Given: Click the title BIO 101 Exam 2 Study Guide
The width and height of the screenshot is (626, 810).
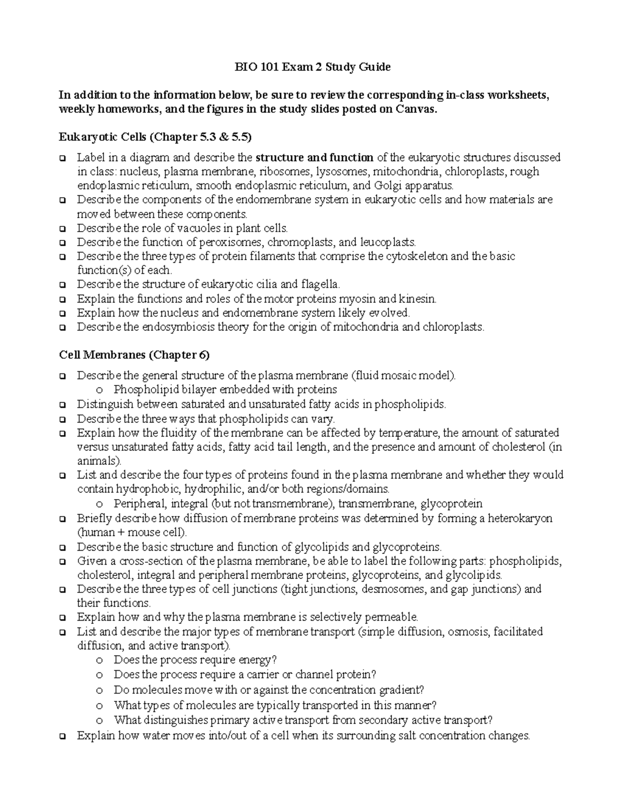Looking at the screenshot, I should coord(312,67).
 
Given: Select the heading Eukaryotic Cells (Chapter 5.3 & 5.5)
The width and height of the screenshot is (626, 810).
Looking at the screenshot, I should coord(155,138).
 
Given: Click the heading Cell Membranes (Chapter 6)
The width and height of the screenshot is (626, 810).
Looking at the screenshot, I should coord(134,355).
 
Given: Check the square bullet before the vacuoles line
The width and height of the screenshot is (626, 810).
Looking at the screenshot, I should coord(63,228).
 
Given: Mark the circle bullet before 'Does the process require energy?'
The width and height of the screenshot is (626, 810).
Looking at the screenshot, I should coord(99,661).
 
